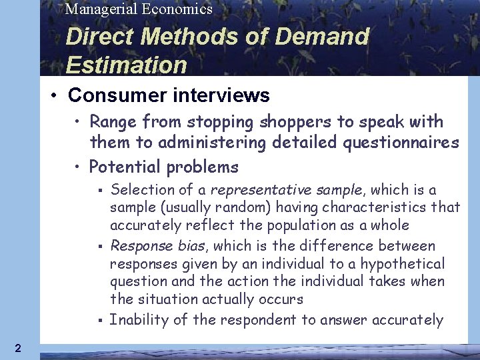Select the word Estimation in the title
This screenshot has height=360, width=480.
point(127,65)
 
